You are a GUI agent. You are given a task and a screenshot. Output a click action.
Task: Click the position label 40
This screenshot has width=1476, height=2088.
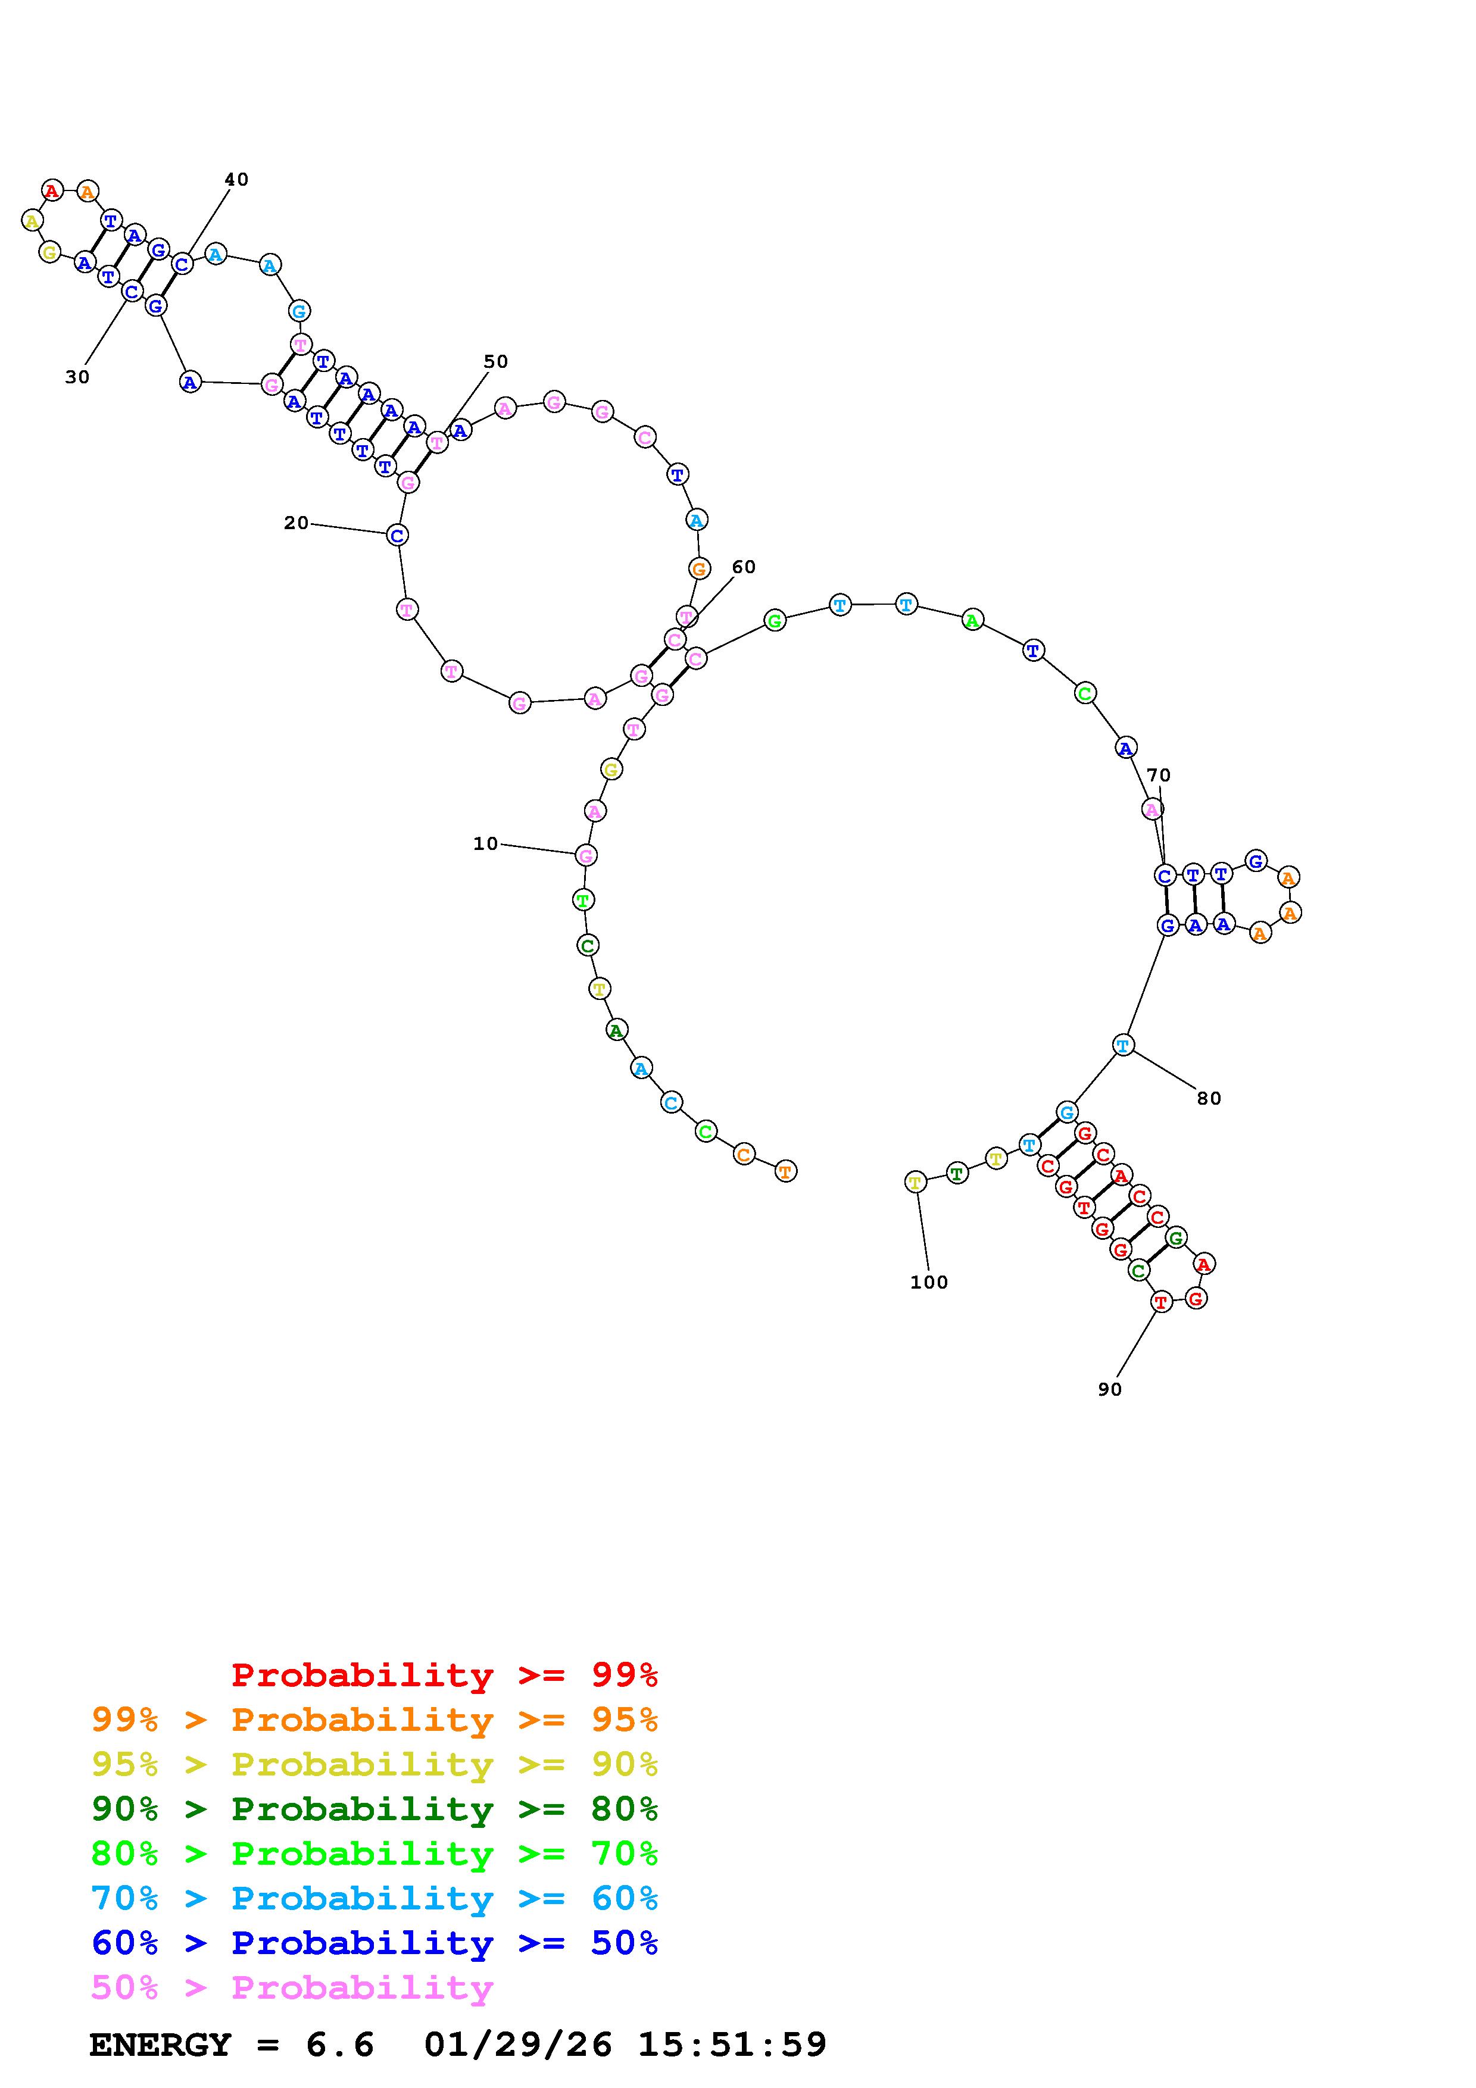(236, 179)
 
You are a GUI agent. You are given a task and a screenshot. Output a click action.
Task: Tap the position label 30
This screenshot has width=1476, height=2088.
(77, 377)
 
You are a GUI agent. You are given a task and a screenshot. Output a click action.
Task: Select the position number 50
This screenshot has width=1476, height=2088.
(495, 361)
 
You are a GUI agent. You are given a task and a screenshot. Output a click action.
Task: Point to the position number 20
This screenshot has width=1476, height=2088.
(297, 523)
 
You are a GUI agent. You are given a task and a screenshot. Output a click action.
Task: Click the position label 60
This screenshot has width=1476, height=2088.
(744, 567)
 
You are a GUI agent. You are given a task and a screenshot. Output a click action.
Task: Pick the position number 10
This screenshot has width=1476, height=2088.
(486, 844)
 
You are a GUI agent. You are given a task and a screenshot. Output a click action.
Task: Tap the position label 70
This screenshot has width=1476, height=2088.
(1159, 775)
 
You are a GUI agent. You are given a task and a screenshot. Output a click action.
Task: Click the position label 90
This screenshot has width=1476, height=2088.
(1109, 1389)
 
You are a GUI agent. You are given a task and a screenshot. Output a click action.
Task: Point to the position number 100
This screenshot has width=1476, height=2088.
(928, 1282)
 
